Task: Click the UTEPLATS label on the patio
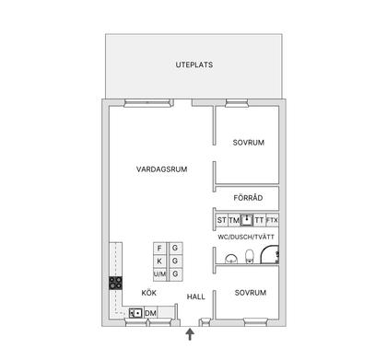point(193,64)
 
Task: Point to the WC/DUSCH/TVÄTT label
point(246,238)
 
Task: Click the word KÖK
point(148,292)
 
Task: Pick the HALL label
point(196,296)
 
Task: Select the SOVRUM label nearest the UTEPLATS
point(249,143)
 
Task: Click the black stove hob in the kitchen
point(117,283)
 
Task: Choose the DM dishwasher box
point(151,314)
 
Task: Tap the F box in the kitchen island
point(160,249)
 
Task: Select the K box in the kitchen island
point(160,261)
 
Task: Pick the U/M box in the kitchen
point(160,274)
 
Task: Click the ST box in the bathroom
point(222,221)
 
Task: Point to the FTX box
point(273,221)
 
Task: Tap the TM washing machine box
point(234,221)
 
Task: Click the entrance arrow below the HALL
point(190,334)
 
